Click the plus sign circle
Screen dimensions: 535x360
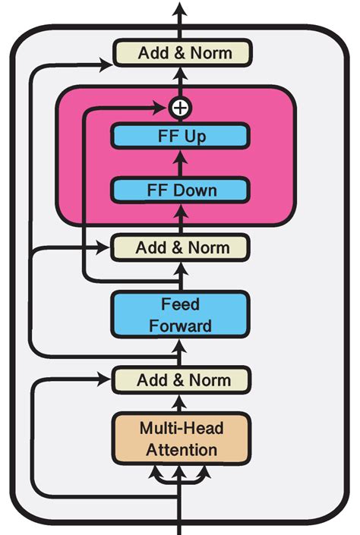click(x=179, y=108)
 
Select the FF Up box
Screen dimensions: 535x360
click(x=180, y=137)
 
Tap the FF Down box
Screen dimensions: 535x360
click(x=180, y=190)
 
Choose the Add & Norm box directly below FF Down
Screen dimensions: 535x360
click(x=180, y=247)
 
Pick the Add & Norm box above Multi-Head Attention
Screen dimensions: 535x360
click(x=181, y=379)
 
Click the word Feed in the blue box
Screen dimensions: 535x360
click(x=180, y=304)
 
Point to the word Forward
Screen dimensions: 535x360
click(x=180, y=326)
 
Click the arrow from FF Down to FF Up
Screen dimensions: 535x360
click(x=180, y=163)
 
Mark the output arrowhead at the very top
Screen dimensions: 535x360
click(x=180, y=9)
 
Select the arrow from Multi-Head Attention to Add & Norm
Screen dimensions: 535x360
click(x=180, y=402)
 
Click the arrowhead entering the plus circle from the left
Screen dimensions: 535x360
click(x=165, y=108)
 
